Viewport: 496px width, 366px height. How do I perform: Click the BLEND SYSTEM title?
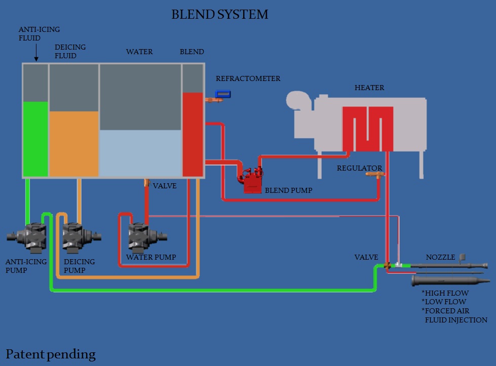coord(219,14)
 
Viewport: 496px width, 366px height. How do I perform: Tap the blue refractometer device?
coord(223,94)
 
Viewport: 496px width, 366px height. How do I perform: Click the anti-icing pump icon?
coord(29,236)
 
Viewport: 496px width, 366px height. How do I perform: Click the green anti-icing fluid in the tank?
coord(35,139)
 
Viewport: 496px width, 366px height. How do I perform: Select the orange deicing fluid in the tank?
coord(74,144)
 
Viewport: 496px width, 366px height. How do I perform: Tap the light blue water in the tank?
coord(140,153)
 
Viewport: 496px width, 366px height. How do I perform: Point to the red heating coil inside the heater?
coord(367,129)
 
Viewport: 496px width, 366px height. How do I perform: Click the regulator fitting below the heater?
coord(377,175)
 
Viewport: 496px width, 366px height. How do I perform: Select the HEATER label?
coord(369,88)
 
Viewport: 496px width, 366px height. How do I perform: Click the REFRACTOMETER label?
coord(248,78)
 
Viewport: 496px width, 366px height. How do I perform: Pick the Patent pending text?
coord(50,353)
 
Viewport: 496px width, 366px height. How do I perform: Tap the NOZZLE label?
coord(440,257)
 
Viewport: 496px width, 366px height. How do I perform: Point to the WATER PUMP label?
coord(151,257)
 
